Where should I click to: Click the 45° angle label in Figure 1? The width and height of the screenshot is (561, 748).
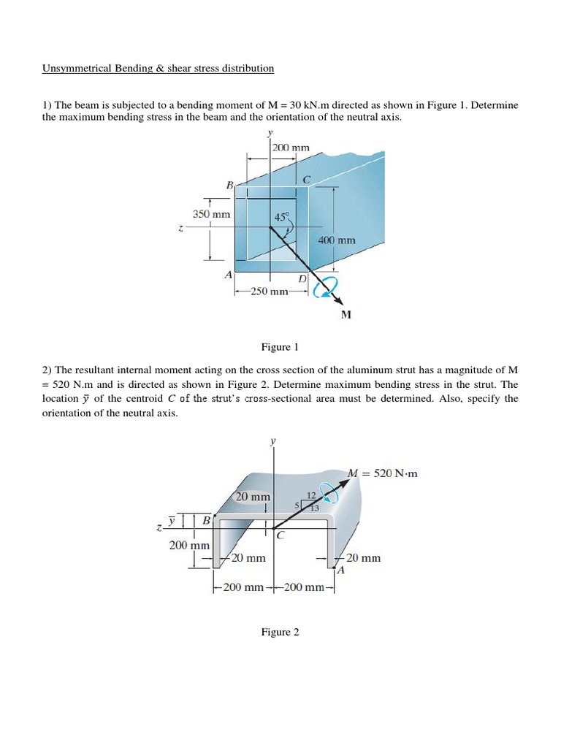pos(282,217)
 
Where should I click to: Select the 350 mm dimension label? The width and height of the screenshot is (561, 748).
pos(211,214)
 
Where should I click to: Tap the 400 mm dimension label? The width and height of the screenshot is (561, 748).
pos(337,240)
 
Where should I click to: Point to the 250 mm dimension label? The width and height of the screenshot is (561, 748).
pos(269,291)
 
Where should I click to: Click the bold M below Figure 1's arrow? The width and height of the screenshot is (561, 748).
pos(346,315)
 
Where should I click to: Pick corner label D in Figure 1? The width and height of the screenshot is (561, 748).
pos(303,279)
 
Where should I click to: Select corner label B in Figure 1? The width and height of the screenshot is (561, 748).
pos(229,186)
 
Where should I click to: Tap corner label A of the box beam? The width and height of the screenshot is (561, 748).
pos(228,275)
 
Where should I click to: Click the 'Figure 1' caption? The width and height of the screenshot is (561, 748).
pos(280,346)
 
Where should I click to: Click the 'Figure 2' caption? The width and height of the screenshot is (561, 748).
pos(280,632)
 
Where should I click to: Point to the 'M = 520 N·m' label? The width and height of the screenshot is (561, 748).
pos(383,473)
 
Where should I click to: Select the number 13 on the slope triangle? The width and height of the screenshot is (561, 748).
pos(316,508)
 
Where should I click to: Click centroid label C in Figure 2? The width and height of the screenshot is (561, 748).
pos(280,535)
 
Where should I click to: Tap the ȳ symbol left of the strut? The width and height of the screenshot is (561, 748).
pos(172,520)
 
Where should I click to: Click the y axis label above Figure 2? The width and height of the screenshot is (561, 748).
pos(273,441)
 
